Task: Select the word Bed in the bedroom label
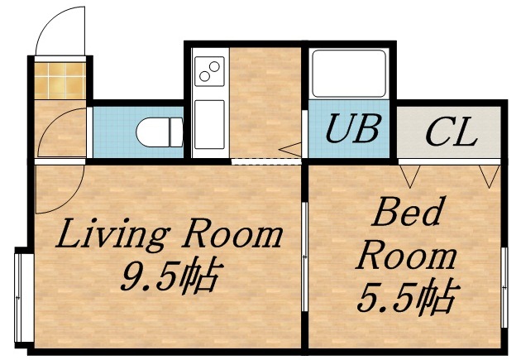(404, 213)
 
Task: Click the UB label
(351, 129)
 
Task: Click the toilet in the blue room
(162, 132)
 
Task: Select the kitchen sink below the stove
(209, 124)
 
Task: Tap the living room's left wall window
(23, 294)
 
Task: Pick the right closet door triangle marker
(489, 175)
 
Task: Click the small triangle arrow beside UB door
(291, 150)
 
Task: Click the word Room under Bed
(405, 256)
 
